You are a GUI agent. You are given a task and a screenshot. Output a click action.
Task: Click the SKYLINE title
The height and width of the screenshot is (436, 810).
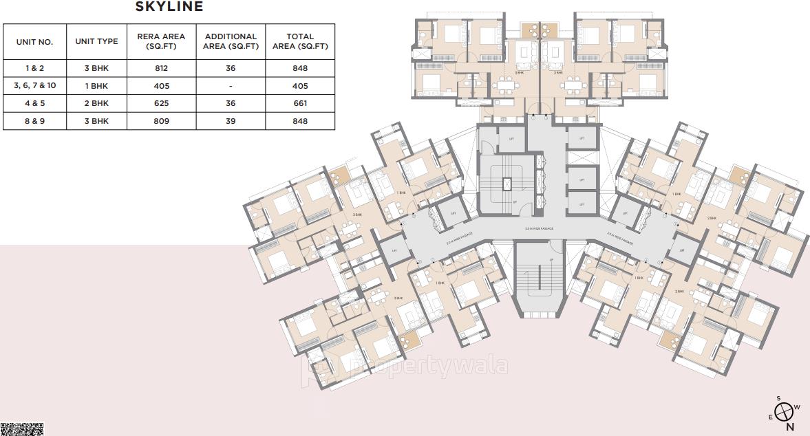pos(169,7)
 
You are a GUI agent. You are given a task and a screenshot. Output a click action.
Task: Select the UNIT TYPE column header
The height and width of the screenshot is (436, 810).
pos(96,41)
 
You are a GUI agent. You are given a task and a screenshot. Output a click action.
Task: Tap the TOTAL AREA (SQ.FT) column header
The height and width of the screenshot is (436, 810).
pos(300,41)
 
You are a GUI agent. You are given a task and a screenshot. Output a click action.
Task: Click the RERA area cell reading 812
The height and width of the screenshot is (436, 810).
pos(162,68)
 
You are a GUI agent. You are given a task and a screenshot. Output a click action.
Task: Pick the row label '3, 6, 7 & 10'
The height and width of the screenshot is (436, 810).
pos(34,86)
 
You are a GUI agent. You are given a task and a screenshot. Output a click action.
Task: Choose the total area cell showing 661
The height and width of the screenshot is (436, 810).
pos(300,103)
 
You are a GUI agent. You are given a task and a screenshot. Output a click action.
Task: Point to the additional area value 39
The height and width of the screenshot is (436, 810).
pos(231,121)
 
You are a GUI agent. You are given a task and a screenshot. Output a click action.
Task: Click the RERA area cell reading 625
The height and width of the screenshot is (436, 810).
pos(162,103)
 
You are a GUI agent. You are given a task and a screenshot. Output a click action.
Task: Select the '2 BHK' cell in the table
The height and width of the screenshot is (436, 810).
pos(96,103)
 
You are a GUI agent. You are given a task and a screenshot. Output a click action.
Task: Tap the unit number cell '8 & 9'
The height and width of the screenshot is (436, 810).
pos(34,121)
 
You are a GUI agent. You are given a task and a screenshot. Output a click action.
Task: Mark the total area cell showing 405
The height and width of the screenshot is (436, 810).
pos(300,86)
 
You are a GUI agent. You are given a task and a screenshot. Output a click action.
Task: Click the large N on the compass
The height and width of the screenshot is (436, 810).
pos(790,426)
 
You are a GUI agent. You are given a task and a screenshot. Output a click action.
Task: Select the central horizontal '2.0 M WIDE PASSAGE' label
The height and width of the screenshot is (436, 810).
pos(539,228)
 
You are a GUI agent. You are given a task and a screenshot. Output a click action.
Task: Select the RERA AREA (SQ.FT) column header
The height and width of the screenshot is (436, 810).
pos(162,41)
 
